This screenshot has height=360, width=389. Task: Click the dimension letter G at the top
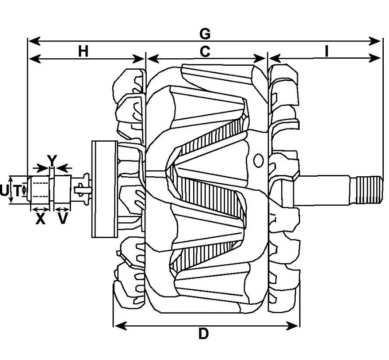[205, 34]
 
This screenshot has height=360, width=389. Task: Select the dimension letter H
[83, 52]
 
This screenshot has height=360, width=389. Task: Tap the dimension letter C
[205, 52]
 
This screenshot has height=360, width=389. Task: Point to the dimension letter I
[327, 51]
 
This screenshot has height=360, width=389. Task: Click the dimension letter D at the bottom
[204, 334]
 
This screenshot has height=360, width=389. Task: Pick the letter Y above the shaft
[52, 160]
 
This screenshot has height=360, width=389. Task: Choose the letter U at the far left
[4, 191]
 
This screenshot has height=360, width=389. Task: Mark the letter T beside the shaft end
[17, 191]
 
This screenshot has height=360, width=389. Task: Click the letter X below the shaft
[40, 219]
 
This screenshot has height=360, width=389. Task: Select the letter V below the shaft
[62, 219]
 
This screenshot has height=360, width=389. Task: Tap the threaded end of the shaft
[369, 190]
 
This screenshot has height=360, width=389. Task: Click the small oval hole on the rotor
[258, 160]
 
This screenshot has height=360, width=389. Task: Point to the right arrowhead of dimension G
[375, 41]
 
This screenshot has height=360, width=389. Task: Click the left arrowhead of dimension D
[121, 326]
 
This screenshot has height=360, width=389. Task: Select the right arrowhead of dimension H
[138, 59]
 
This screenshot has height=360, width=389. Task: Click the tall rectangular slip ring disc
[104, 189]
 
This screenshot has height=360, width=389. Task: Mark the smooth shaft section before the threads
[325, 190]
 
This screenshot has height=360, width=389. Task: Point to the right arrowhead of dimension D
[293, 326]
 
